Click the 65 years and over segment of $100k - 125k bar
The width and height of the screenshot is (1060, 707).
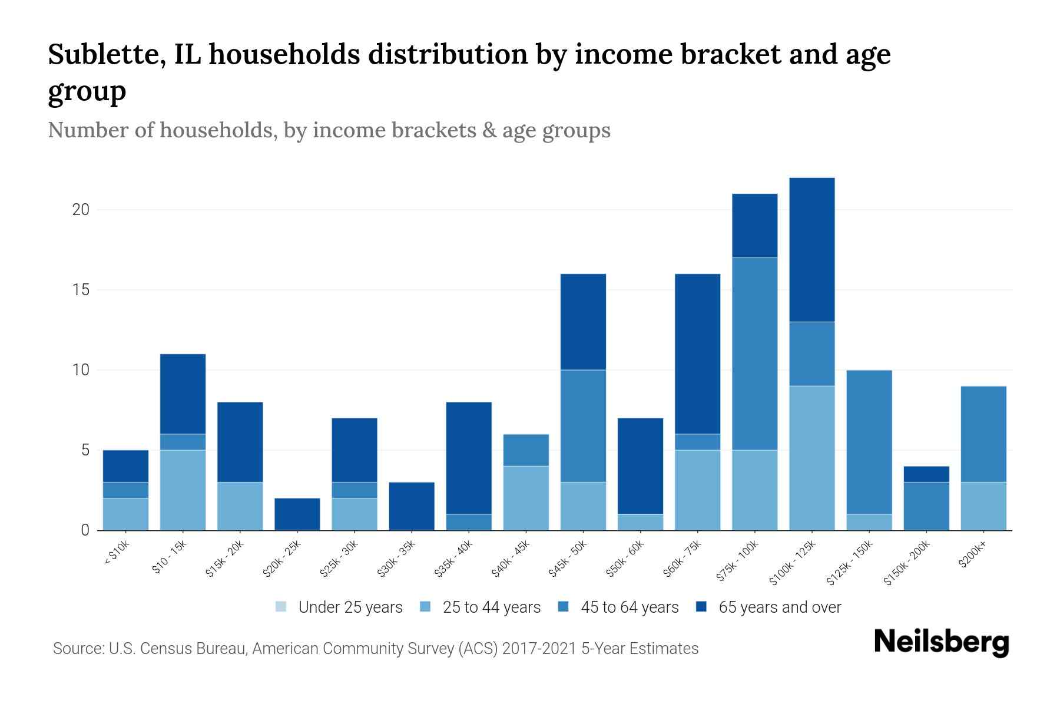tap(811, 250)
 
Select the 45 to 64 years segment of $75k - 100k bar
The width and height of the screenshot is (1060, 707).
tap(754, 353)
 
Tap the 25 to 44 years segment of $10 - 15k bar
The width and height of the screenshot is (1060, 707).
tap(183, 490)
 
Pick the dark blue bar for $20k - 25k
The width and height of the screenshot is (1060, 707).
tap(297, 514)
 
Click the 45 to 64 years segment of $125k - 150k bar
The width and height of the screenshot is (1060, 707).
tap(869, 442)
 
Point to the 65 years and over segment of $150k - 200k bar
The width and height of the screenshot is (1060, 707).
tap(926, 474)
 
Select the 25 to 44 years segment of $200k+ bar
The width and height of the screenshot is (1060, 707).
tap(983, 506)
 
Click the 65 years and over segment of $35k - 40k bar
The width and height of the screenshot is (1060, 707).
tap(469, 458)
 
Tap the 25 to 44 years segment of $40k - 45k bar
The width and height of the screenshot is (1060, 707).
tap(526, 498)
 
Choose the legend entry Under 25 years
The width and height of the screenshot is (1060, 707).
tap(350, 607)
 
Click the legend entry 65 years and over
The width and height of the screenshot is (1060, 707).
tap(780, 607)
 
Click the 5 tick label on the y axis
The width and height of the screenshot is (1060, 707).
tap(85, 451)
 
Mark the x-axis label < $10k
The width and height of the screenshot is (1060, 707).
tap(117, 553)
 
